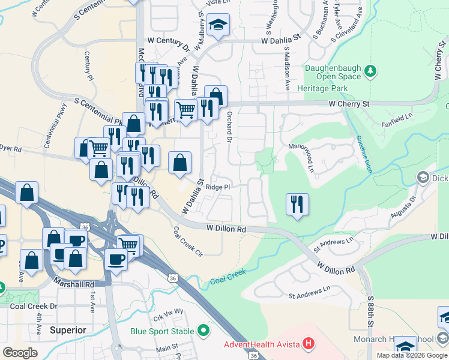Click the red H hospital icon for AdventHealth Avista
pos(309,344)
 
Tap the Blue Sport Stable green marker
pos(204,331)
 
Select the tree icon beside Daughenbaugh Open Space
pos(371,72)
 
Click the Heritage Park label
pos(327,88)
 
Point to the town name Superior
pos(68,330)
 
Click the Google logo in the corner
pos(20,352)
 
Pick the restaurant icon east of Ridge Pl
pos(297,205)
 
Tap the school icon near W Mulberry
pos(218,25)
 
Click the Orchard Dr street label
pos(229,127)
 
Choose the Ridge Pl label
pos(218,187)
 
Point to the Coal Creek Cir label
pos(188,241)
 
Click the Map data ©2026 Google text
pos(412,355)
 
